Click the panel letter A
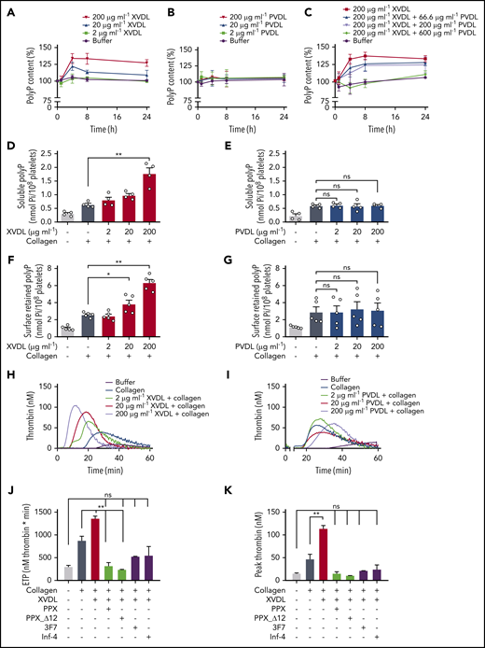coord(7,7)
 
